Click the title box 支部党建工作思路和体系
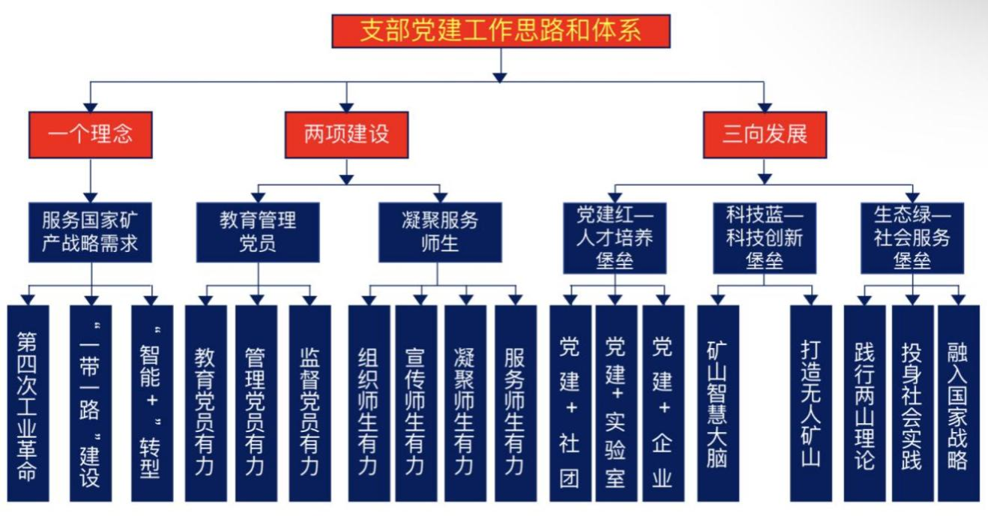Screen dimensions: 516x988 [501, 31]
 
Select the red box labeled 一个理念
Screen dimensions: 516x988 [90, 135]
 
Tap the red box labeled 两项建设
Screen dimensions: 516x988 [346, 135]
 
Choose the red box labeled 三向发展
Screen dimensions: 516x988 [764, 135]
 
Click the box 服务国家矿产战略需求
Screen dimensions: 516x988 [90, 232]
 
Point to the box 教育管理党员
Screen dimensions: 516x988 [258, 232]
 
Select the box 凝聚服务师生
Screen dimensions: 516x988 [439, 232]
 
